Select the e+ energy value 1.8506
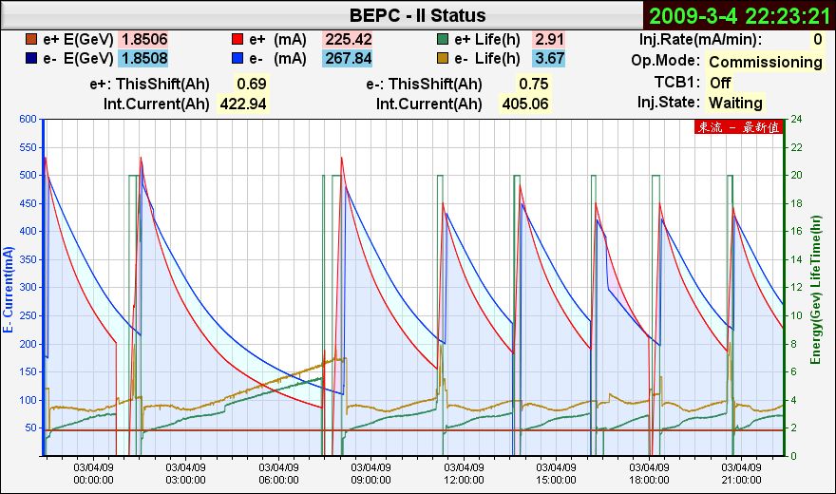coord(143,40)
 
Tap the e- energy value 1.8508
coord(143,59)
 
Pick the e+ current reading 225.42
coord(348,40)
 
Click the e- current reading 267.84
coord(348,59)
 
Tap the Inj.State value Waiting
coord(735,103)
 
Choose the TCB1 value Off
coord(720,83)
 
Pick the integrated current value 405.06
coord(524,104)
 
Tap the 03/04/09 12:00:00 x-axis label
coord(464,473)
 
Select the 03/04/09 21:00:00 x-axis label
coord(743,473)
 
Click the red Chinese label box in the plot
coord(739,127)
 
